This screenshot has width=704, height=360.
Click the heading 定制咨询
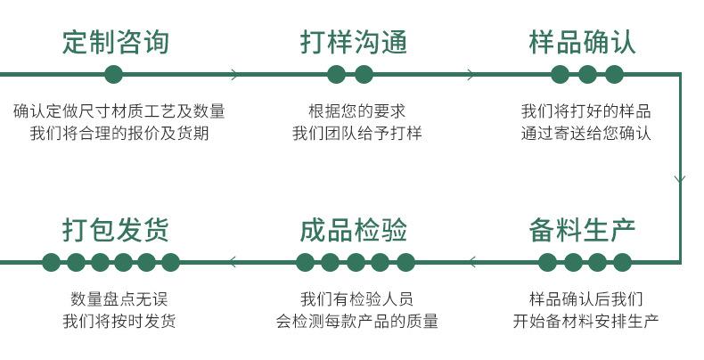click(115, 42)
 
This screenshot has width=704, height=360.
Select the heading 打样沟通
click(353, 42)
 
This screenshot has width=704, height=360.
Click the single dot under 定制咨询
click(113, 74)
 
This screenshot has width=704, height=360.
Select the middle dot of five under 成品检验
click(356, 262)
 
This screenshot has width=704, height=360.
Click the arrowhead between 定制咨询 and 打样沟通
click(235, 74)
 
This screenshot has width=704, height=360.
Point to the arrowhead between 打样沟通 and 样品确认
click(471, 74)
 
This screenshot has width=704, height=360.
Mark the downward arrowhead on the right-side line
click(680, 179)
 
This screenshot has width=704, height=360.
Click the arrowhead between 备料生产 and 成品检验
click(471, 262)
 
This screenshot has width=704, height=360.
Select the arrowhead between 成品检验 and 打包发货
click(233, 262)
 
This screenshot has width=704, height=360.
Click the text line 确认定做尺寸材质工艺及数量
click(119, 111)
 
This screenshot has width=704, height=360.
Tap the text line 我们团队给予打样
click(356, 134)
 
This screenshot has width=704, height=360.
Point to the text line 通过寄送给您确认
click(585, 134)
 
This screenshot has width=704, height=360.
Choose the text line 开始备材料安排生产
click(585, 321)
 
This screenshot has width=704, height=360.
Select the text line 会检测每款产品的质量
click(356, 321)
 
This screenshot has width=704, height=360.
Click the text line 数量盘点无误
click(119, 299)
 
